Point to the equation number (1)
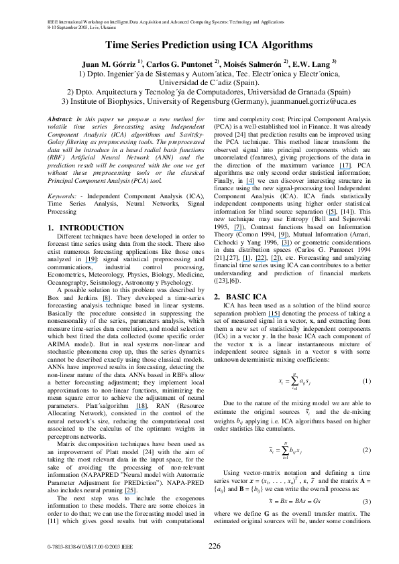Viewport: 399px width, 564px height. pos(366,381)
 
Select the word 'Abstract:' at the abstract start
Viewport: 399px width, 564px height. pos(64,119)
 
